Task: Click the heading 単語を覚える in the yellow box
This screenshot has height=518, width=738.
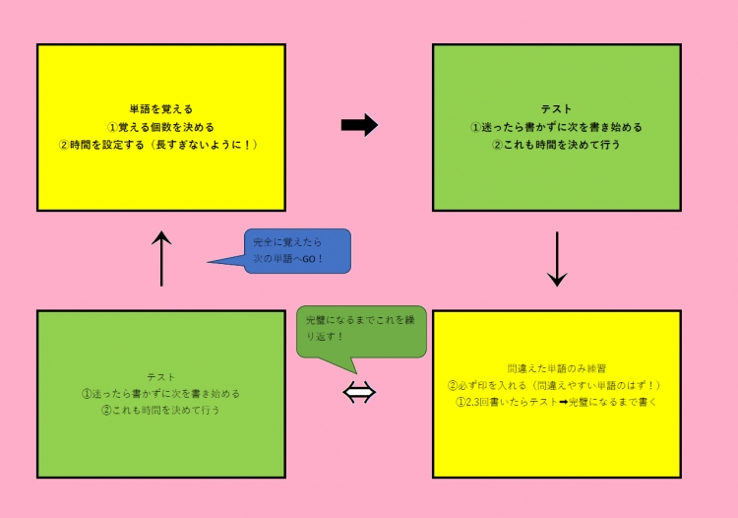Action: click(161, 109)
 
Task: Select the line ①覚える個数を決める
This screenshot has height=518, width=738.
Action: click(161, 127)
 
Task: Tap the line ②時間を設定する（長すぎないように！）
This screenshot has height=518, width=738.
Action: click(161, 145)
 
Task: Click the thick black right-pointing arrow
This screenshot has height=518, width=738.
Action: click(359, 125)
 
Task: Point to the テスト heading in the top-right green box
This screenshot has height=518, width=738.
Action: click(556, 109)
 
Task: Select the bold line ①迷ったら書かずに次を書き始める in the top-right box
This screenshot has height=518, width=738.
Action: click(556, 127)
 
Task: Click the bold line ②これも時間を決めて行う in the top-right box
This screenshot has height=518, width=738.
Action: click(556, 145)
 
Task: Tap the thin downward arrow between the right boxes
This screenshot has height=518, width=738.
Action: click(557, 259)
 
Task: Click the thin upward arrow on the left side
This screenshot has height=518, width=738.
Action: click(162, 258)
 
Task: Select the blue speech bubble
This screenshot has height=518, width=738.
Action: click(295, 251)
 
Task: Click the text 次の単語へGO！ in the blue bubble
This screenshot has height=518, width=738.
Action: click(288, 260)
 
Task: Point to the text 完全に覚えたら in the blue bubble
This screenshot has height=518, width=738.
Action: click(286, 242)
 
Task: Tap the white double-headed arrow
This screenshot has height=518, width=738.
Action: click(359, 393)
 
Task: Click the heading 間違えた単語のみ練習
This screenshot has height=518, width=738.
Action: click(556, 367)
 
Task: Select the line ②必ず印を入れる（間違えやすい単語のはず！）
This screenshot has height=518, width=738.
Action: click(556, 385)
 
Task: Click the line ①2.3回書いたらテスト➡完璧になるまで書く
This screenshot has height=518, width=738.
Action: click(556, 403)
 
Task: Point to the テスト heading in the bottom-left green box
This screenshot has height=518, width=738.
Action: click(161, 376)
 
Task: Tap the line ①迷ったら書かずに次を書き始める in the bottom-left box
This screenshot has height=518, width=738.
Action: click(161, 394)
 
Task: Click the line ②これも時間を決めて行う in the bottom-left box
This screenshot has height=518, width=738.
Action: click(161, 411)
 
